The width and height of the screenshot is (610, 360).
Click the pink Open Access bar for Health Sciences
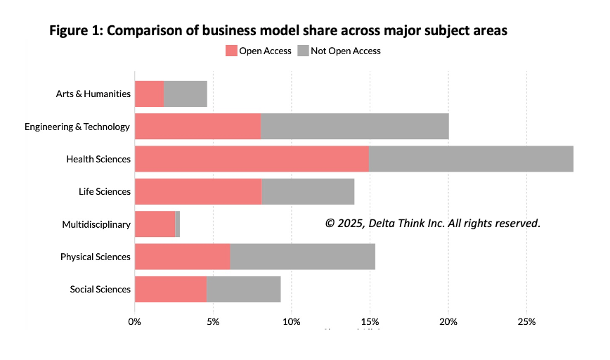252,159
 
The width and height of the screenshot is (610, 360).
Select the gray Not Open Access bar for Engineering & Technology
355,127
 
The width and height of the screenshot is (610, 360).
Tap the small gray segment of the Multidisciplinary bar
178,224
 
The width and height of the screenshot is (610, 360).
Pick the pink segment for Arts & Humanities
149,94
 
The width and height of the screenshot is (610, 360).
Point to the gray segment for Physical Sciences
302,257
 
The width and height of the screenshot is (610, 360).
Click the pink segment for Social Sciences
171,289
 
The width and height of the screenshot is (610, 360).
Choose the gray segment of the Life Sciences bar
308,191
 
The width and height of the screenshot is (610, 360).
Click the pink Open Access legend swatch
231,51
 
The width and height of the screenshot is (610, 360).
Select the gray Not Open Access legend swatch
304,51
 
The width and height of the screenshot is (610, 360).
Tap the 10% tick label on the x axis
292,322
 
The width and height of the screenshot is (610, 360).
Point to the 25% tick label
526,322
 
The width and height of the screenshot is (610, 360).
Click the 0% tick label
135,322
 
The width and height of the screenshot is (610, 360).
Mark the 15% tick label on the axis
370,322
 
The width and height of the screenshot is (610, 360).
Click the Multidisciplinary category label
96,224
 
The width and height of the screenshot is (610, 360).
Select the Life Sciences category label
105,191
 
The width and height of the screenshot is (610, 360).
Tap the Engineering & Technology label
77,127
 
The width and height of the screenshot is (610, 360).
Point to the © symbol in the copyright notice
330,223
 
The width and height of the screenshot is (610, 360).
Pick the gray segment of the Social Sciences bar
243,289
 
